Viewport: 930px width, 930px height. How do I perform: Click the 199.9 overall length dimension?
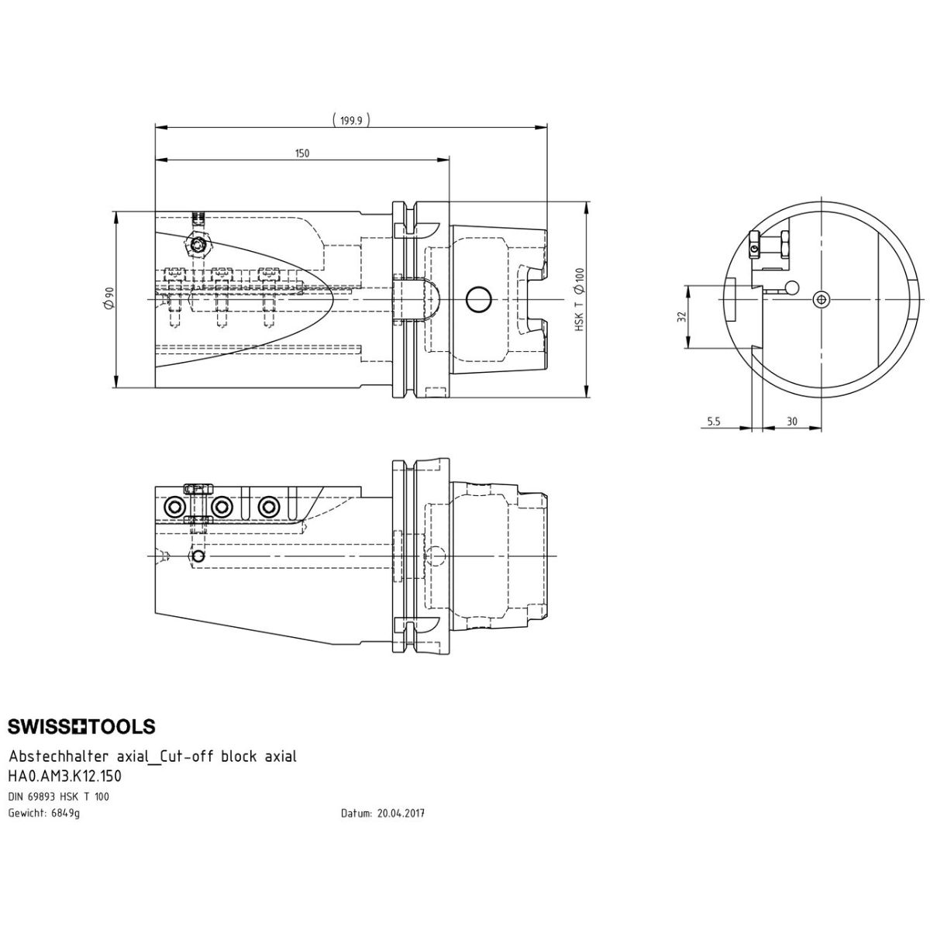coord(351,121)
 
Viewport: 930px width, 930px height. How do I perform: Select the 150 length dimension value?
coord(302,153)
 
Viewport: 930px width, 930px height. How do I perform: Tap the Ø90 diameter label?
coord(109,298)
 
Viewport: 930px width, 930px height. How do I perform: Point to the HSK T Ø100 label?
coord(579,299)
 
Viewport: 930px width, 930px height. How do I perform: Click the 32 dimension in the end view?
coord(681,317)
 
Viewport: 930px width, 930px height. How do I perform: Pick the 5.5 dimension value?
coord(713,422)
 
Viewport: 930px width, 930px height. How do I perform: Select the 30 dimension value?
coord(792,422)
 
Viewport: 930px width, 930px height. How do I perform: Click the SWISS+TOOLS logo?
coord(81,726)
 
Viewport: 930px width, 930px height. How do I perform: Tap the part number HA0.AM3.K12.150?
coord(64,776)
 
